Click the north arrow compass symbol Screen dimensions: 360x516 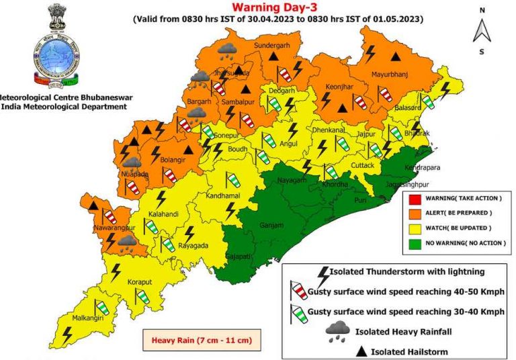coord(481,30)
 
